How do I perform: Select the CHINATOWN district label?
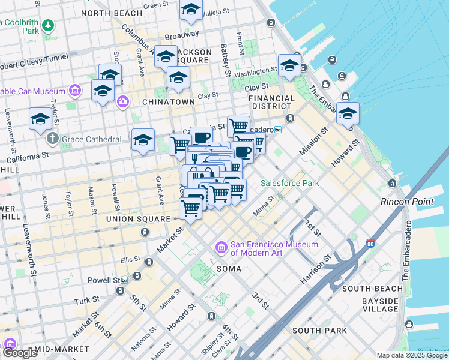168,102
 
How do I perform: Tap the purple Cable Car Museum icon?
75,91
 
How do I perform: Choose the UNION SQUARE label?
139,219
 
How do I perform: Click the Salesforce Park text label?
289,183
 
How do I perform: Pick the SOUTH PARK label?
319,331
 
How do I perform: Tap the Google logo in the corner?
20,353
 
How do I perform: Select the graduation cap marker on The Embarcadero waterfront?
348,113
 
